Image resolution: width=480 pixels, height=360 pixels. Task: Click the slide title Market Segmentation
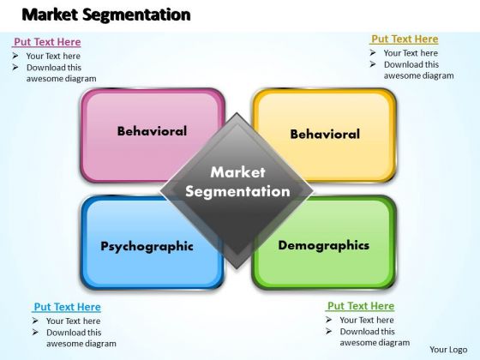coord(106,15)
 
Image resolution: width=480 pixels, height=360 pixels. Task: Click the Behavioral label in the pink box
coord(153,131)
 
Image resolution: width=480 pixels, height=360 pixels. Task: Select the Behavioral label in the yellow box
coord(325,134)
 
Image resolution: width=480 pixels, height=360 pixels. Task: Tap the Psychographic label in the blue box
coord(147,247)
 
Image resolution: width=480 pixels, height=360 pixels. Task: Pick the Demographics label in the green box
coord(324,246)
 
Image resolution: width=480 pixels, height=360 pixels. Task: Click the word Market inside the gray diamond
coord(237,172)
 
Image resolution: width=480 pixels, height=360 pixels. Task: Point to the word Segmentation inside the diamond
coord(237,192)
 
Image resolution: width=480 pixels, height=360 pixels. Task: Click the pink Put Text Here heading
coord(47,42)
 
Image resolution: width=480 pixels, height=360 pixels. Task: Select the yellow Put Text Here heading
coord(405,39)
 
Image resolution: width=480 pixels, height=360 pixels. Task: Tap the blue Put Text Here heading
coord(68,307)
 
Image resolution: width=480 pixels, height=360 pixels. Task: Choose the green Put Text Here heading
coord(361,306)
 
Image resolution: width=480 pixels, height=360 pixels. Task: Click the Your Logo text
coord(448,350)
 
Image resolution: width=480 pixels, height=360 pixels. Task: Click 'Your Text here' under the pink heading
coord(53,56)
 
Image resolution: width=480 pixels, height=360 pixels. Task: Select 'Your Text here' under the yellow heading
coord(411,53)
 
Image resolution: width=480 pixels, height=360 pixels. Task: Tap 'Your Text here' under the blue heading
coord(74,321)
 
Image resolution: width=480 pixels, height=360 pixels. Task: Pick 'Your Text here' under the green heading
coord(367,320)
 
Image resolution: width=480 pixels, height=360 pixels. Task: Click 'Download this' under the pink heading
coord(54,68)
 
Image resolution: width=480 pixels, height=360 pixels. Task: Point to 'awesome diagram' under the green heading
coord(375,343)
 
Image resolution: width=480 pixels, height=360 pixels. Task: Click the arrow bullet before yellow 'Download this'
coord(373,64)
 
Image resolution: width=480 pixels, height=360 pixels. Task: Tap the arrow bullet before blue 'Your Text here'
coord(35,321)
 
